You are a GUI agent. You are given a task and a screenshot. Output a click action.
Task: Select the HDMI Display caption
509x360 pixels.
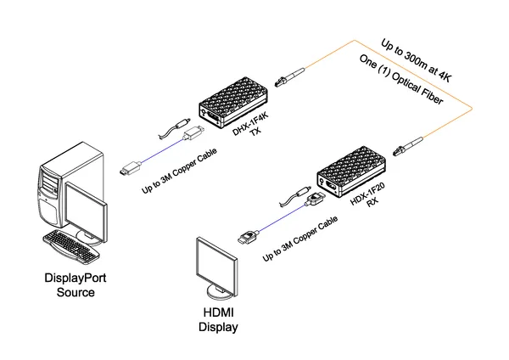coord(218,319)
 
